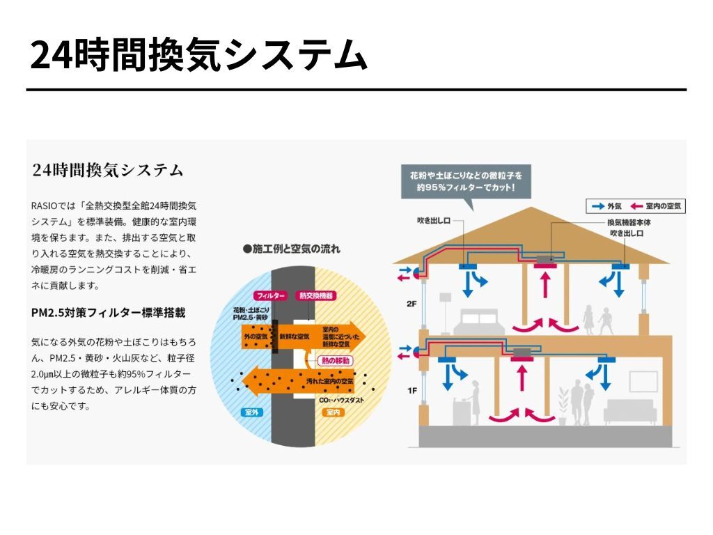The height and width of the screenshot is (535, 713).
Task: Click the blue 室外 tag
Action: click(x=251, y=412)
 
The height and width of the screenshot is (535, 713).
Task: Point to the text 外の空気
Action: click(x=256, y=336)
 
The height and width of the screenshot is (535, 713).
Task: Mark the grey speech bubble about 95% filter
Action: click(x=466, y=180)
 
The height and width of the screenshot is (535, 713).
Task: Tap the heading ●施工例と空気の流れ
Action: click(x=292, y=248)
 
